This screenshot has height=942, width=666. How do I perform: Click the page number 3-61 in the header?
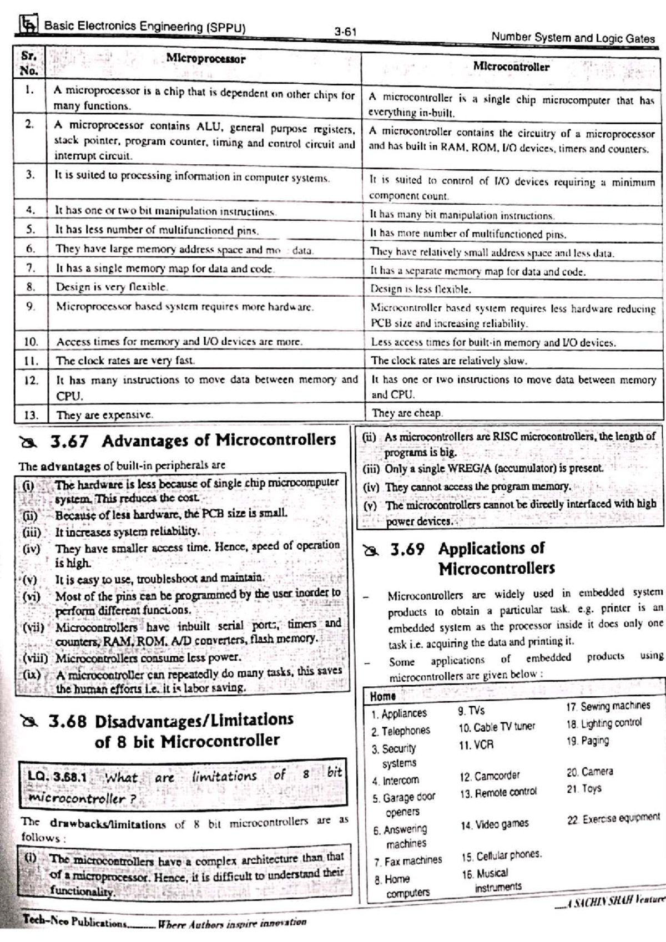tap(345, 32)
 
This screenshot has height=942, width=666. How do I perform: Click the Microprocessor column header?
tap(205, 59)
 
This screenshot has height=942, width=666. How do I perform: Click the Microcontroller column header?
tap(511, 67)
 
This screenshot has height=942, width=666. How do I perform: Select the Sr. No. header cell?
tap(29, 64)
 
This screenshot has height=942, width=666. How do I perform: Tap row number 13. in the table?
tap(31, 414)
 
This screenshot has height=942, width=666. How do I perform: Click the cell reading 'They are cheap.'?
tap(407, 413)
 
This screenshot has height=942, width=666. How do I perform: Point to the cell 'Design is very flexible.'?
tap(112, 287)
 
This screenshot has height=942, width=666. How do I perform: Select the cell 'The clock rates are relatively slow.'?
tap(448, 361)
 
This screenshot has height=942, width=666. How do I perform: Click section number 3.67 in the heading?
tap(69, 442)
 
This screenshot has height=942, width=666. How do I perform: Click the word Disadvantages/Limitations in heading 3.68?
tap(194, 720)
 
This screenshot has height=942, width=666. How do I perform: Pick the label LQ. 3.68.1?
tap(57, 777)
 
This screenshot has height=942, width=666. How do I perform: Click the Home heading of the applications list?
tap(382, 696)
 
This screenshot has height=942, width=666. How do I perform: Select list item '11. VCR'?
tap(476, 745)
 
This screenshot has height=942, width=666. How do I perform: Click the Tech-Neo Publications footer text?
tap(74, 921)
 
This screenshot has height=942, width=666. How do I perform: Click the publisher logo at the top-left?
tap(29, 24)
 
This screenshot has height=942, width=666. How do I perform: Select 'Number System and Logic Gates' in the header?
tap(573, 38)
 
